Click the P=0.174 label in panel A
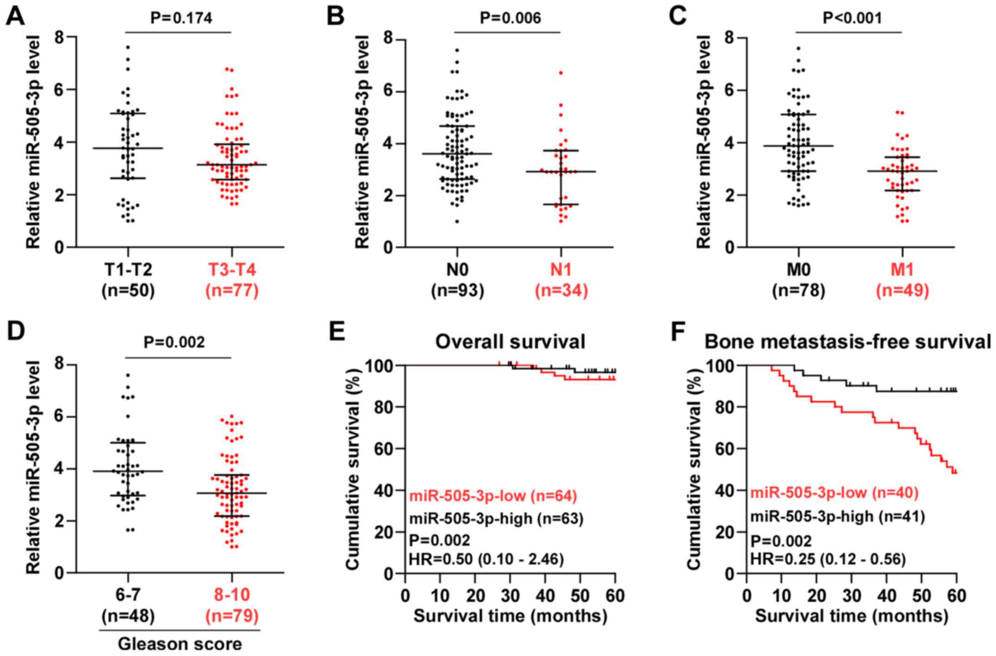click(x=181, y=18)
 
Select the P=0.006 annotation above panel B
click(x=510, y=18)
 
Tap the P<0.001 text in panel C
click(x=852, y=18)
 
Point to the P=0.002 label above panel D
click(x=174, y=343)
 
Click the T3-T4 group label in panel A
click(x=232, y=269)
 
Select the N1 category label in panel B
click(x=561, y=269)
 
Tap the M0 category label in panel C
click(x=799, y=269)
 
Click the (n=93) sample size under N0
click(x=457, y=291)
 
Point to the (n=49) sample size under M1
click(x=902, y=291)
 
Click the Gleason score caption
click(x=180, y=644)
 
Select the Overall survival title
click(x=510, y=342)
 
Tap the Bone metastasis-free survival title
click(x=848, y=342)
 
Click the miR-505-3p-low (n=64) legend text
click(x=493, y=496)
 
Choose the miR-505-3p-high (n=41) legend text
click(x=838, y=516)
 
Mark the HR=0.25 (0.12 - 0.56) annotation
click(x=828, y=560)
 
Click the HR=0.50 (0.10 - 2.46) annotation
click(x=486, y=560)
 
